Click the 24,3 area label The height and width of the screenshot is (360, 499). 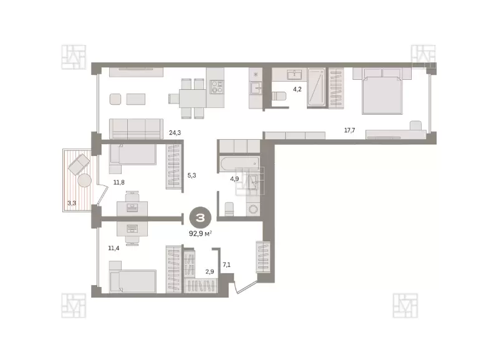pos(175,132)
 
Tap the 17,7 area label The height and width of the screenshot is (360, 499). pos(349,130)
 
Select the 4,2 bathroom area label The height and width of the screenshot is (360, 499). pos(297,89)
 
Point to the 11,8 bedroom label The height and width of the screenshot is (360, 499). pos(119,182)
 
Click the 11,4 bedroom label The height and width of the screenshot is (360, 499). pos(114,248)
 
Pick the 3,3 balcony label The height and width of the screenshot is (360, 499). pos(72,203)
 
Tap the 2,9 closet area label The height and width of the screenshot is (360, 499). pos(210,271)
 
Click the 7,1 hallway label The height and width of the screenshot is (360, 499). pos(226,265)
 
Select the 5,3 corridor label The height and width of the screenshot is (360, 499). pos(191,175)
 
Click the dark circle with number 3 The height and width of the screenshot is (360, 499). pos(200,218)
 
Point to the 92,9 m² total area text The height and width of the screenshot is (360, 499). pos(200,233)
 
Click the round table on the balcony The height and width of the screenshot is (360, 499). pos(85,180)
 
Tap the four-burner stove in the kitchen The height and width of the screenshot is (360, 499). pos(216,87)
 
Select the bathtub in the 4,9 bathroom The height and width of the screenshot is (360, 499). pos(240,164)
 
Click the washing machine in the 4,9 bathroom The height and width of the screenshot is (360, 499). pos(253,209)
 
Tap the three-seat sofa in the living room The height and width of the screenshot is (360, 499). pos(136,129)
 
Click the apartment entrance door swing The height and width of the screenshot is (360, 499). pos(245,287)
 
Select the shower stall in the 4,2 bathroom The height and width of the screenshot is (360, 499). pos(316,87)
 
